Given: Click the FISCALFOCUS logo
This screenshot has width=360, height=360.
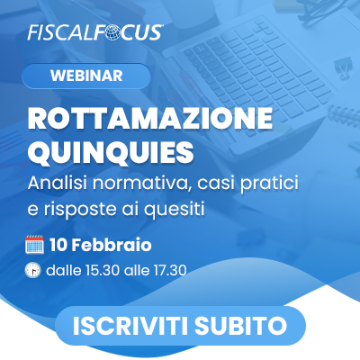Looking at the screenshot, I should [94, 31].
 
